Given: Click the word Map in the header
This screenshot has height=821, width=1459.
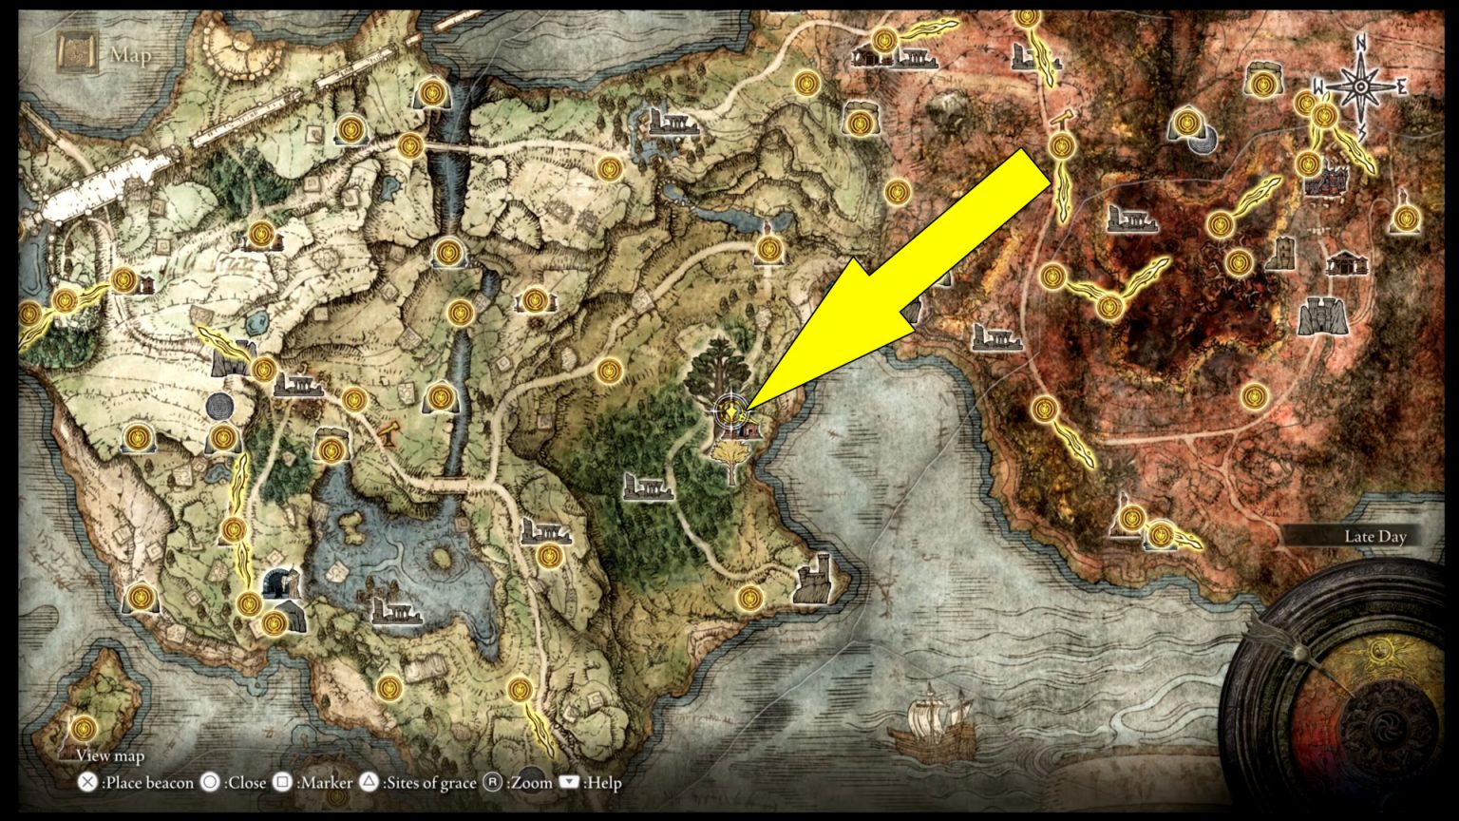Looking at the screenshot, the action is (x=130, y=55).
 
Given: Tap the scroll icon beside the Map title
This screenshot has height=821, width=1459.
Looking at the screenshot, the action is (x=74, y=53).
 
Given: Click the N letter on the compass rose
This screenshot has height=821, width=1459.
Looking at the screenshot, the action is (x=1360, y=43).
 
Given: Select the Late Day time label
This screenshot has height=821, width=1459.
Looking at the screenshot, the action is (x=1374, y=537).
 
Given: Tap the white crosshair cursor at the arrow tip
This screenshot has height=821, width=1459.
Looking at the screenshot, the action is (x=729, y=410).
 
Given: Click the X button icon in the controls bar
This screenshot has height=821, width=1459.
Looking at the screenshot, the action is (x=87, y=783).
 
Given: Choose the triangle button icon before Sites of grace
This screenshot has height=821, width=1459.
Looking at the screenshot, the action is (x=369, y=783).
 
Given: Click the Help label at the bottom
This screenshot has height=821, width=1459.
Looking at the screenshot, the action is (x=602, y=783).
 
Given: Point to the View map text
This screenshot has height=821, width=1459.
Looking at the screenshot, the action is (x=110, y=756).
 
